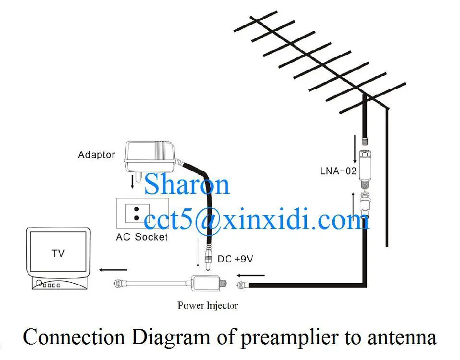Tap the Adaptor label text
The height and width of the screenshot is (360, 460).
(97, 155)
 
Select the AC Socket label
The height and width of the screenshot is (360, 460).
(142, 237)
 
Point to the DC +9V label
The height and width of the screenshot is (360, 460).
(235, 259)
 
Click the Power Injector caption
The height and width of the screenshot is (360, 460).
(207, 305)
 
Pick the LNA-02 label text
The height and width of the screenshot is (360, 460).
(338, 170)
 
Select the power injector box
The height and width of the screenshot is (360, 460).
(204, 284)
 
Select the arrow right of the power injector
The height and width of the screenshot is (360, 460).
(251, 276)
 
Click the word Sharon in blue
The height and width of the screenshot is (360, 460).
(187, 184)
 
